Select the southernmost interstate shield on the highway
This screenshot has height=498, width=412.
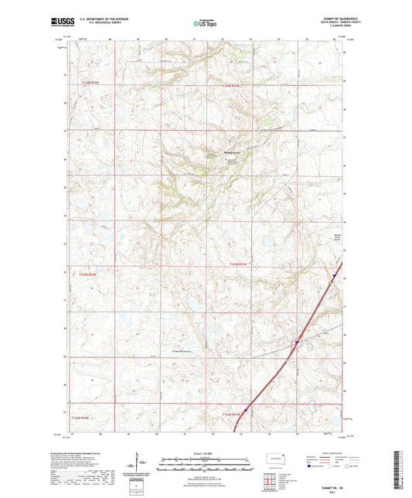[245, 411]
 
